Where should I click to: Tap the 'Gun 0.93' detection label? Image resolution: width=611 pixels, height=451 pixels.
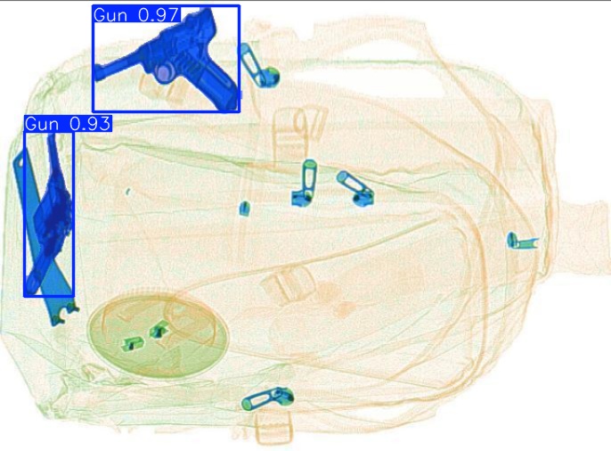[68, 124]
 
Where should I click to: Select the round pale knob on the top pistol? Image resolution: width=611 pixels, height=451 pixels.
[164, 71]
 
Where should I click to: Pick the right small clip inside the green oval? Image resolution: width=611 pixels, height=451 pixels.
[160, 331]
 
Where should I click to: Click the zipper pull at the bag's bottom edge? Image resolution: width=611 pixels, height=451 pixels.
[267, 399]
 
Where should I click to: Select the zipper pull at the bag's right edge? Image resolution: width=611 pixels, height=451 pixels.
[521, 241]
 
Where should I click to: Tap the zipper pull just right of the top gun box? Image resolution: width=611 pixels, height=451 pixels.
[260, 68]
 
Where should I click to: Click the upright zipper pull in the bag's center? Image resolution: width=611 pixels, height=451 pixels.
[305, 184]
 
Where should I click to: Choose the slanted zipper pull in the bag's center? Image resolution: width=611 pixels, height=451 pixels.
[354, 187]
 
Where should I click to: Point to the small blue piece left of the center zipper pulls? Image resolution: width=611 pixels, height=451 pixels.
[244, 209]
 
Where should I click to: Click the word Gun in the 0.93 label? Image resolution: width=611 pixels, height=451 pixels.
[41, 124]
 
